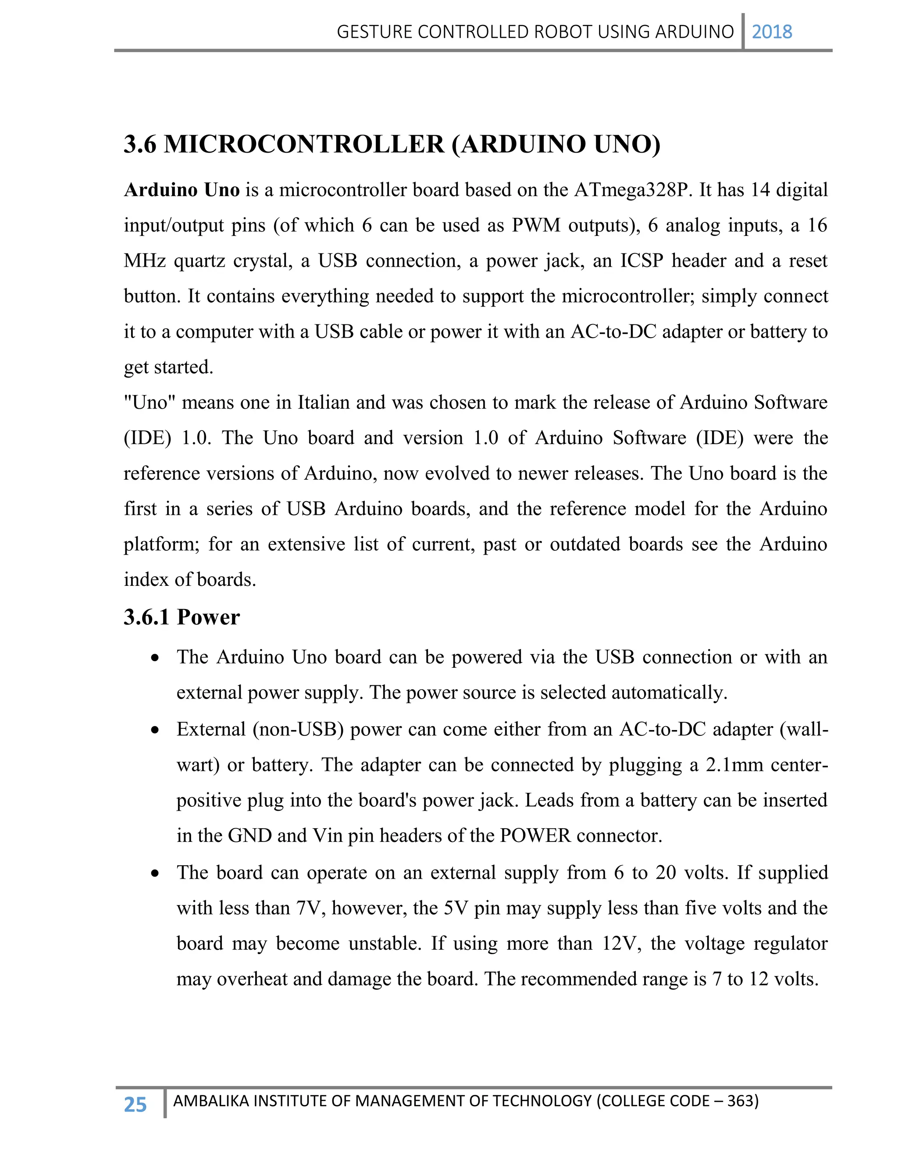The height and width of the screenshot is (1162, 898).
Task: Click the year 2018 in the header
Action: [771, 32]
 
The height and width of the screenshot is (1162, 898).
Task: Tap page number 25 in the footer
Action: [135, 1105]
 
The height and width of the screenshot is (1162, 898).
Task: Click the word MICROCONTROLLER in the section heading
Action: [304, 144]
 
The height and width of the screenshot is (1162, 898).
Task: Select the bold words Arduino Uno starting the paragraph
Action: [182, 190]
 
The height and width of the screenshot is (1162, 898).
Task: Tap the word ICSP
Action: [641, 261]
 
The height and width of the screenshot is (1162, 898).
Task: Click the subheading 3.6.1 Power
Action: [182, 617]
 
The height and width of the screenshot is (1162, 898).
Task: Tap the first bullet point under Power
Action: [155, 659]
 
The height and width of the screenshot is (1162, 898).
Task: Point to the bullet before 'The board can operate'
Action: [155, 873]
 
